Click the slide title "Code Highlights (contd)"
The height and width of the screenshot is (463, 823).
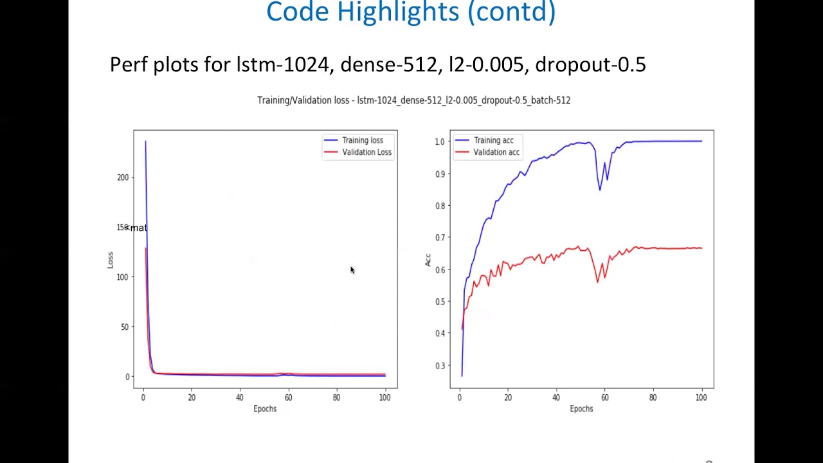[411, 12]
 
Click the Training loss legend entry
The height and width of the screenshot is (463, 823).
[362, 140]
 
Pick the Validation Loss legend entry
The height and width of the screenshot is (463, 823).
[366, 152]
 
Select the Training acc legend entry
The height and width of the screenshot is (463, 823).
[493, 140]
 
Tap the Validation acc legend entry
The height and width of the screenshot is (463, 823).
[496, 152]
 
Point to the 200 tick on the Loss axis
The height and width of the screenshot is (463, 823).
[123, 177]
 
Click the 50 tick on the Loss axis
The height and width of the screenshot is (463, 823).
[125, 327]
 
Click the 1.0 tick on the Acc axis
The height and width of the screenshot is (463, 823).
[440, 141]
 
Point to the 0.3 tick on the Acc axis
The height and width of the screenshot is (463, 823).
[440, 365]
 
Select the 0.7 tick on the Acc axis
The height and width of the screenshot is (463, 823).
[440, 238]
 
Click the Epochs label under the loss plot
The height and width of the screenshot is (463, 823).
[265, 409]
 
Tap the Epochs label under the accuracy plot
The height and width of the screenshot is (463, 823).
[581, 409]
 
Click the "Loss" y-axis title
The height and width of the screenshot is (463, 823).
[110, 260]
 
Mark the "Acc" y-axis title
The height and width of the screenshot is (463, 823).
[428, 260]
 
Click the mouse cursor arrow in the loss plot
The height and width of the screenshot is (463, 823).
[352, 270]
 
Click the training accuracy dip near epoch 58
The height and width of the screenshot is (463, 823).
[600, 189]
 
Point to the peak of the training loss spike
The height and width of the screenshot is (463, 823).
[145, 141]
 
